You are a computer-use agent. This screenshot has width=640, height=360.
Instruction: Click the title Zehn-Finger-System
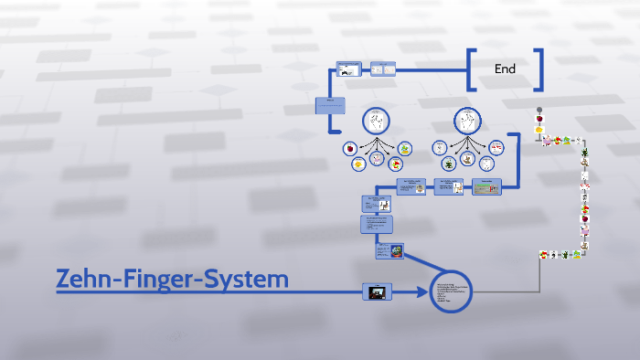click(173, 279)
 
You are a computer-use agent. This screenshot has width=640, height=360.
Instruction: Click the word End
click(505, 69)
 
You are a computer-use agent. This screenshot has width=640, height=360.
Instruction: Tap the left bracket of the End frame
click(472, 69)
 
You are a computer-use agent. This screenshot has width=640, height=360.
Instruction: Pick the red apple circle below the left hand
click(349, 148)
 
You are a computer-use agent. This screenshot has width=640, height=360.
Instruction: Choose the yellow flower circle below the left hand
click(358, 164)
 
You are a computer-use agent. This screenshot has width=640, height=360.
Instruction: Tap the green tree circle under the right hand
click(449, 164)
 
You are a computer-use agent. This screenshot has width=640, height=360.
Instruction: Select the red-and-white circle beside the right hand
click(496, 146)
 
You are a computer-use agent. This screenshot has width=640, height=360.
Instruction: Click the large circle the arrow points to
click(450, 291)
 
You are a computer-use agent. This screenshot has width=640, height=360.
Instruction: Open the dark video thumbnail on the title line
click(377, 291)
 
